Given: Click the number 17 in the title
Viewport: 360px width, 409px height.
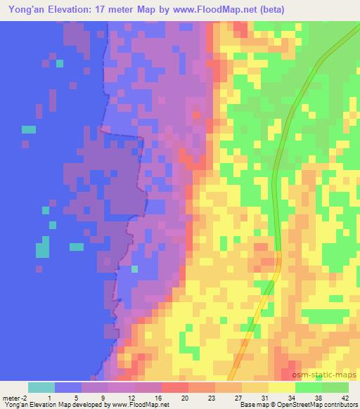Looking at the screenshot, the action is tap(118, 10).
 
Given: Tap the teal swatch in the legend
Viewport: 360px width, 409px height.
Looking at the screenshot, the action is tap(41, 387).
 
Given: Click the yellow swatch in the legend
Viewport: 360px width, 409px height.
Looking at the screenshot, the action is tap(282, 387).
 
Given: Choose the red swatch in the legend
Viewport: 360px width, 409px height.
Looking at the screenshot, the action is tap(175, 387).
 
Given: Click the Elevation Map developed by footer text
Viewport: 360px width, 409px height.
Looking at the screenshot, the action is tap(63, 405).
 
